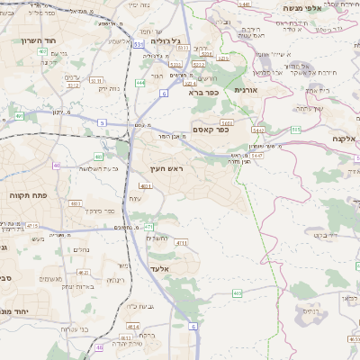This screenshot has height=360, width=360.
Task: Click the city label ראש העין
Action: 165,169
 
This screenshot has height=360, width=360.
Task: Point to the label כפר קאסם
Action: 211,130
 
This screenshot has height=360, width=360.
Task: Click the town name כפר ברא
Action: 203,92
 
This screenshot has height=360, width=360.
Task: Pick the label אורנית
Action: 247,90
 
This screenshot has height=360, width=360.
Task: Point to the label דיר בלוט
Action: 325,235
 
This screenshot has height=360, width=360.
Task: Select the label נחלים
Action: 80,249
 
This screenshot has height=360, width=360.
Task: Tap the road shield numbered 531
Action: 138,43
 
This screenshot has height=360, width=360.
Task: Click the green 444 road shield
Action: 139,83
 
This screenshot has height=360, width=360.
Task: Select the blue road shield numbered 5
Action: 103,121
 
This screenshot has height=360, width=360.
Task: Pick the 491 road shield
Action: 20,116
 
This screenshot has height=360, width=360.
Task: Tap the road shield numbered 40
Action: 56,165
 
